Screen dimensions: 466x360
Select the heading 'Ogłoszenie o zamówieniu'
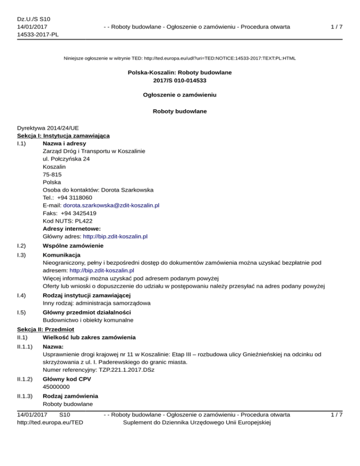click(180, 94)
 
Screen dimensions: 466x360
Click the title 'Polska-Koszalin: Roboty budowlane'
click(180, 73)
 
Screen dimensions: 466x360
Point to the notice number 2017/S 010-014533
click(180, 80)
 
